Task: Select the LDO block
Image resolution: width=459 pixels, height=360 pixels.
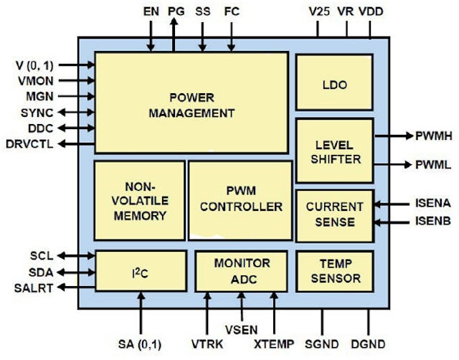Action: [x=334, y=84]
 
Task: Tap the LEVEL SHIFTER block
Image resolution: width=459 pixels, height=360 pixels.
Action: [x=334, y=151]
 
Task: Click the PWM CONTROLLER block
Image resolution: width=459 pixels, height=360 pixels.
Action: [x=240, y=199]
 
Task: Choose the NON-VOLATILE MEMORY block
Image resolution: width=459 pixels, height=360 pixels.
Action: [x=140, y=199]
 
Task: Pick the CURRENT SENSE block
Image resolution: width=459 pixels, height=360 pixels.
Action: [x=334, y=214]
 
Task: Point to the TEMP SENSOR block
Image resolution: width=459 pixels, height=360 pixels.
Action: [x=334, y=271]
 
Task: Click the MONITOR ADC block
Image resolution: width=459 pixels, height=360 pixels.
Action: [x=242, y=271]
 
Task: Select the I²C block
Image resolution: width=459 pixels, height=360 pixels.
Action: [x=140, y=272]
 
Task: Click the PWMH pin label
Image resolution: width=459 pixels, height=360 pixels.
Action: [x=433, y=136]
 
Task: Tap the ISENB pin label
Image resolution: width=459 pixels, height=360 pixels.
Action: [x=432, y=222]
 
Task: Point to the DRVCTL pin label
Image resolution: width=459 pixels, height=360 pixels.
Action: [x=27, y=144]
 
